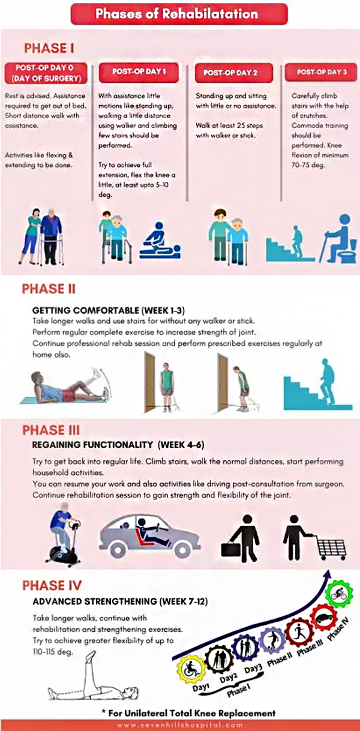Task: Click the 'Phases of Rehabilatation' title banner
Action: click(x=179, y=14)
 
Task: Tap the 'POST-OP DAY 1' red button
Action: click(x=139, y=72)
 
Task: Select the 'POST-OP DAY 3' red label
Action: click(x=321, y=72)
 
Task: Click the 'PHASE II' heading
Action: click(x=49, y=289)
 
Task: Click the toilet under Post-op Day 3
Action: click(x=350, y=251)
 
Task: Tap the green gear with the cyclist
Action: click(x=340, y=594)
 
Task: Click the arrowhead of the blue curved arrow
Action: click(x=328, y=575)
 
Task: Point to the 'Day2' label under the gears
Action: click(x=228, y=678)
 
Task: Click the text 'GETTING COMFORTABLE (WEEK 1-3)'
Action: click(x=109, y=310)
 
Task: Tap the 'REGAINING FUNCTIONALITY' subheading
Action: click(x=92, y=445)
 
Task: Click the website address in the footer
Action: click(x=180, y=725)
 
